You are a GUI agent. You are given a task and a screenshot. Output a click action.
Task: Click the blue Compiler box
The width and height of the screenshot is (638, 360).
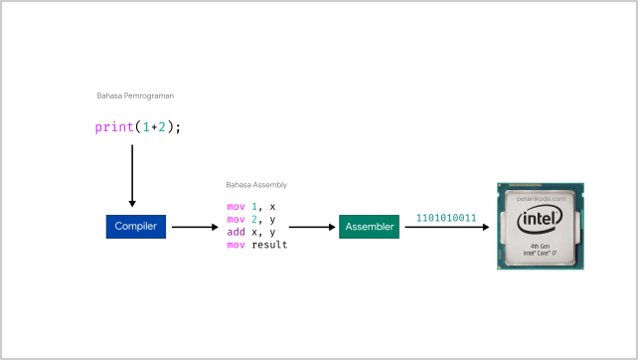point(134,227)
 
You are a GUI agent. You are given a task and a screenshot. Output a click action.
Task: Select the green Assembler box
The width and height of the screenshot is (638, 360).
point(369,227)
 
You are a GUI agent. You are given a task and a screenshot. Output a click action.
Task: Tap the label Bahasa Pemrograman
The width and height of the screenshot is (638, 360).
point(135,96)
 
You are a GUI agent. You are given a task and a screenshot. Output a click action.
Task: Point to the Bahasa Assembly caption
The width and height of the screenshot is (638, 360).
point(256,185)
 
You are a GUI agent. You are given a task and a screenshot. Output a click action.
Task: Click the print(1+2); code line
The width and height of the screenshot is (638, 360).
point(138,127)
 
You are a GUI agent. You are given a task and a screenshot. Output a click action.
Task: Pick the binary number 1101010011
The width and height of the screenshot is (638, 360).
point(446,217)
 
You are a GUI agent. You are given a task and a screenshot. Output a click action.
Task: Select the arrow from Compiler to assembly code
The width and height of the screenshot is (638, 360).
point(194,227)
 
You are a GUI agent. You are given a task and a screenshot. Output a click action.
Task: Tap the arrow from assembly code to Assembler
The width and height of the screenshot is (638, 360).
point(312,227)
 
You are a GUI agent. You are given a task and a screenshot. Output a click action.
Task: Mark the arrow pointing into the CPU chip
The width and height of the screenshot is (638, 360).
point(447,227)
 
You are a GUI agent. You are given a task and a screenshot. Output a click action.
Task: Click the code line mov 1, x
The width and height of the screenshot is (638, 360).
point(251,206)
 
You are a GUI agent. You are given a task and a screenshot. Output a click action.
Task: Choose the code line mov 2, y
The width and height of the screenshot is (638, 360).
point(251,219)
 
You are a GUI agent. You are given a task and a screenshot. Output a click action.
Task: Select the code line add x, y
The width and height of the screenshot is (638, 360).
point(251,232)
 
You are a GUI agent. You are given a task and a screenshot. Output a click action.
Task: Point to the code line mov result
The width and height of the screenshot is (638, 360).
point(257,245)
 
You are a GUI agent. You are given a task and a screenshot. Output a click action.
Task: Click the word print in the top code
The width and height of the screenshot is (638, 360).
point(113,127)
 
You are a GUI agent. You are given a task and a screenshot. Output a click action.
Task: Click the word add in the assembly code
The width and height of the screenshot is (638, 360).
point(236,232)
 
